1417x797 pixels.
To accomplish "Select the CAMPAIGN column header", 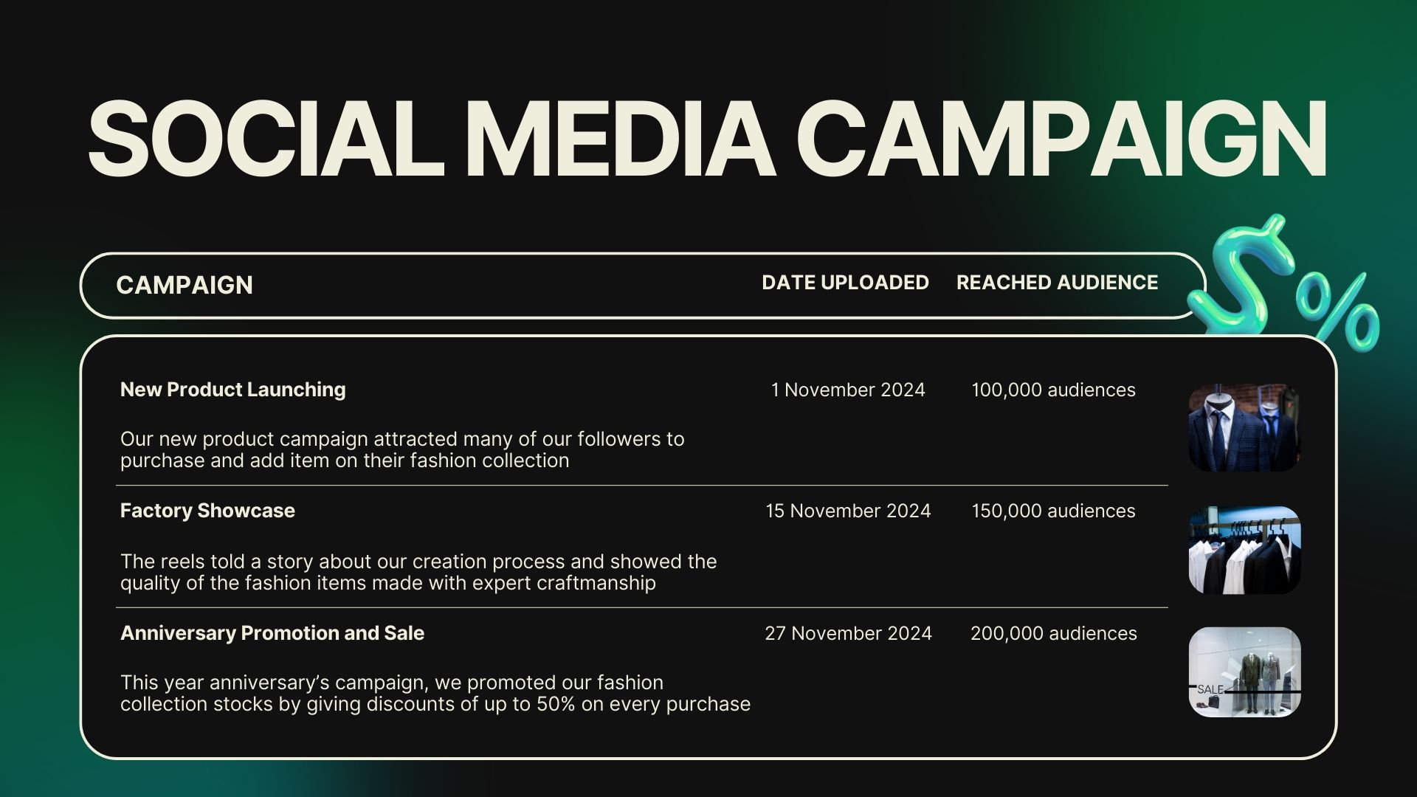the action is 185,285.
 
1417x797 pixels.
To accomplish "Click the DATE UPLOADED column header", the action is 845,283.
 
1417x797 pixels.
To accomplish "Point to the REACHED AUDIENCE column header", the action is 1057,283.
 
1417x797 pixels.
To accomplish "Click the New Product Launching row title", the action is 232,390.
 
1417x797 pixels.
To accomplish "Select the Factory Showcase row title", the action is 207,511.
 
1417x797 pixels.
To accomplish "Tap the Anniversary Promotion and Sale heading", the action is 272,633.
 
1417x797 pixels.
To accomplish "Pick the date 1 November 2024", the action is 848,390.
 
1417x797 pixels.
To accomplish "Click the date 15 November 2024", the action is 848,511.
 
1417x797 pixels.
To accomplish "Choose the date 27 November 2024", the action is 848,633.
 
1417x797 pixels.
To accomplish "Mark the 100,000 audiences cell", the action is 1053,390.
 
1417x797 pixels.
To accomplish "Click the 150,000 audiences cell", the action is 1053,511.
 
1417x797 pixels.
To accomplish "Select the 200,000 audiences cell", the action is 1053,633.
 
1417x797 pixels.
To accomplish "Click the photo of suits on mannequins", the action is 1244,427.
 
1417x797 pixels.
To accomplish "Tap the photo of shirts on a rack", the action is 1244,550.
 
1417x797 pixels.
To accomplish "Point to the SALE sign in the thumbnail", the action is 1210,689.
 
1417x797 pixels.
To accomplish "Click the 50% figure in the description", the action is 555,704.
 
